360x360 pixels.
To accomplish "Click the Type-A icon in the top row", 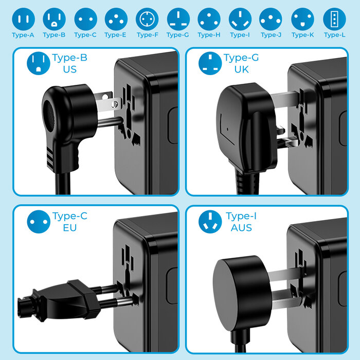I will coord(23,19).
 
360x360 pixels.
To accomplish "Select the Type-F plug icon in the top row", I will coord(147,19).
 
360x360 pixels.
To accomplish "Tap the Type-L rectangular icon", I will coord(334,19).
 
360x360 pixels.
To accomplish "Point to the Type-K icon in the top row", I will coord(302,19).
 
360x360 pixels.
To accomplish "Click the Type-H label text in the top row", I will coord(209,35).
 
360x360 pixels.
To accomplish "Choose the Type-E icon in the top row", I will coord(116,19).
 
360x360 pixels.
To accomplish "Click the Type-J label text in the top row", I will coord(271,35).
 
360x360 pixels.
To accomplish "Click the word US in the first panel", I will coord(69,69).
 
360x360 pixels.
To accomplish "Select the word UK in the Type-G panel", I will coord(241,69).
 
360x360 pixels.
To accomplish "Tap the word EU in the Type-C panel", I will coord(69,227).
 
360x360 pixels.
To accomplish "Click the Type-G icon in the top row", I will coord(178,19).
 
